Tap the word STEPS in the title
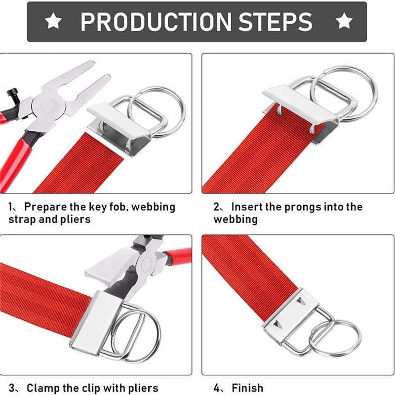coord(275,22)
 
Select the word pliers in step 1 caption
coord(75,219)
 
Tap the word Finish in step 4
coord(247,388)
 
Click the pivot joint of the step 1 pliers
coord(48,106)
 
